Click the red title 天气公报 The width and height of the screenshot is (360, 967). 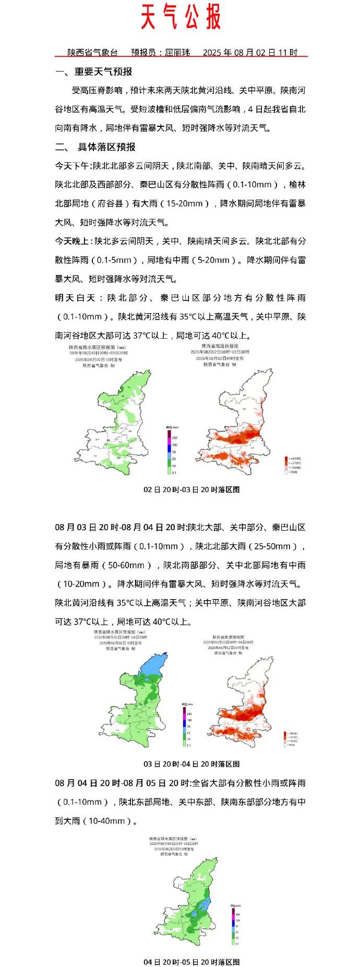[x=181, y=18]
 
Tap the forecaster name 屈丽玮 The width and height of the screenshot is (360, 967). [x=177, y=53]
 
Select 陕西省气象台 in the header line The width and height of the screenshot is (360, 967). [x=92, y=53]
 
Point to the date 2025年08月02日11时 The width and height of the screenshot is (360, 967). [x=250, y=53]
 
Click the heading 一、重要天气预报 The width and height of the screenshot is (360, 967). [x=94, y=71]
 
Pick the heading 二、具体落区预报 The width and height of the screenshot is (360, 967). [x=95, y=147]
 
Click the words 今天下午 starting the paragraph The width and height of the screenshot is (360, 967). [x=72, y=166]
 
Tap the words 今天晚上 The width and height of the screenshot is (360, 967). [x=72, y=241]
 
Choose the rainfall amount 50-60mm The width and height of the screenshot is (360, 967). [x=126, y=565]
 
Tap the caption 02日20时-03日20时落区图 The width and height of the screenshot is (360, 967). [x=191, y=490]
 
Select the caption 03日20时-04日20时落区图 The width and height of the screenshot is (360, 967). [x=191, y=764]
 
